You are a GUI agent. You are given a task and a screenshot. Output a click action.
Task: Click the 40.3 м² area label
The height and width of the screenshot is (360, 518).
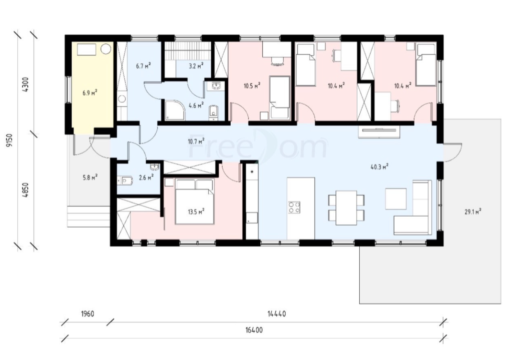(379, 167)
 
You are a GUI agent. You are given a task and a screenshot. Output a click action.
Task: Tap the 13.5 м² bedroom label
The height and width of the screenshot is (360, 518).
(196, 211)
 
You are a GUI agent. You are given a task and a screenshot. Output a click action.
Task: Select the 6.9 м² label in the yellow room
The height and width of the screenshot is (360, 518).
(90, 93)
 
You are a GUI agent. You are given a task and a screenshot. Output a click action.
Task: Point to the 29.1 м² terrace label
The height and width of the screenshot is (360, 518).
(473, 211)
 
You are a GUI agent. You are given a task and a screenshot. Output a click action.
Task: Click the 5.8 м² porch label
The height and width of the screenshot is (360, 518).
(90, 178)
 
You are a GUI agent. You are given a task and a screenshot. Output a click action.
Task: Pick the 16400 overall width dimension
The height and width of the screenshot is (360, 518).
(254, 330)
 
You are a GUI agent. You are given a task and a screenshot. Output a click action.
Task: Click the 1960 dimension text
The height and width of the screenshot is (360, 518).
(87, 314)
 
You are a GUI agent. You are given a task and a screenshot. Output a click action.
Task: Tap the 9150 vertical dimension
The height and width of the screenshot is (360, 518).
(10, 140)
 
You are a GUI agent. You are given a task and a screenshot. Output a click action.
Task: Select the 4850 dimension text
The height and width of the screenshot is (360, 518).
(26, 190)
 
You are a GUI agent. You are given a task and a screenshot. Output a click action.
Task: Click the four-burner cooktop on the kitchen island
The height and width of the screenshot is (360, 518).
(294, 207)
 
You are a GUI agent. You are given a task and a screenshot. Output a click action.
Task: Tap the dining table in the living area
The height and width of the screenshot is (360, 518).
(346, 208)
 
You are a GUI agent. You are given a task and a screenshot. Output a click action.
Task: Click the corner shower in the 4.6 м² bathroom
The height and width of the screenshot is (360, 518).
(175, 110)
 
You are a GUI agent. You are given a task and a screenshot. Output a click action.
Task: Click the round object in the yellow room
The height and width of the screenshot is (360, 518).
(106, 49)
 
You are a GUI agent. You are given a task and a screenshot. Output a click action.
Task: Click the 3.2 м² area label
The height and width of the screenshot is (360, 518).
(196, 66)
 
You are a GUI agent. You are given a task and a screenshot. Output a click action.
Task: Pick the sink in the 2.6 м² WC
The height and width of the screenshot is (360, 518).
(154, 167)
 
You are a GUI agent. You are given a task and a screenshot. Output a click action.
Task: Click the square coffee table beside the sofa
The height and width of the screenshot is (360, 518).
(396, 199)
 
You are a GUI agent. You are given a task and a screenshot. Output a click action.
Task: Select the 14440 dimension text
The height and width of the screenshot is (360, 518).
(277, 314)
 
